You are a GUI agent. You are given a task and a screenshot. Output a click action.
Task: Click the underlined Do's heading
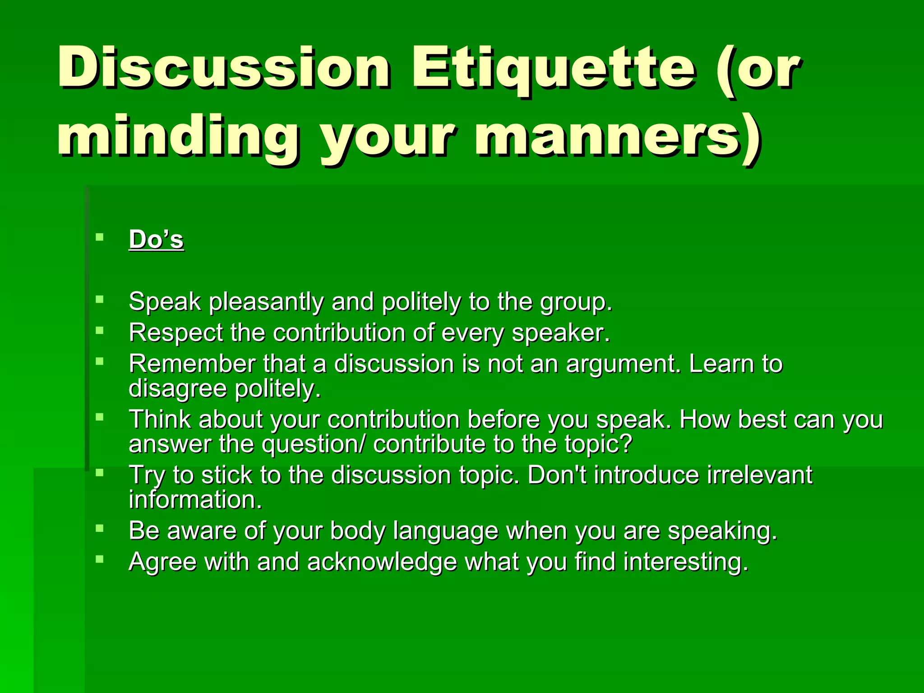pyautogui.click(x=156, y=240)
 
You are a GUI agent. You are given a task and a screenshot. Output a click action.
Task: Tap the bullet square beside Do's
pyautogui.click(x=100, y=237)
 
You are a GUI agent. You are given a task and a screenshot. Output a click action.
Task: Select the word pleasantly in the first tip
pyautogui.click(x=266, y=301)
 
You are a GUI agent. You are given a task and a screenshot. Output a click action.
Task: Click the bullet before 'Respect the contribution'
pyautogui.click(x=100, y=330)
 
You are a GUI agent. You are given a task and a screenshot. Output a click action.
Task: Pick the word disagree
pyautogui.click(x=177, y=388)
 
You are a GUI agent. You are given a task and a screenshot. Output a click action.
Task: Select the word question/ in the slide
pyautogui.click(x=313, y=444)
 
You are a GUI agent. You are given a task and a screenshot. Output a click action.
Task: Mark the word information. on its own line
pyautogui.click(x=195, y=500)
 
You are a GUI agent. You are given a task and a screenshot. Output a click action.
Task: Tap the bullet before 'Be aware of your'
pyautogui.click(x=100, y=528)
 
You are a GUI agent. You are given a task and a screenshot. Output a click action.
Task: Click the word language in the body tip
pyautogui.click(x=445, y=531)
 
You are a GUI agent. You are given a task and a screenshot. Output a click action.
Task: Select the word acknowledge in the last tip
pyautogui.click(x=382, y=562)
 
